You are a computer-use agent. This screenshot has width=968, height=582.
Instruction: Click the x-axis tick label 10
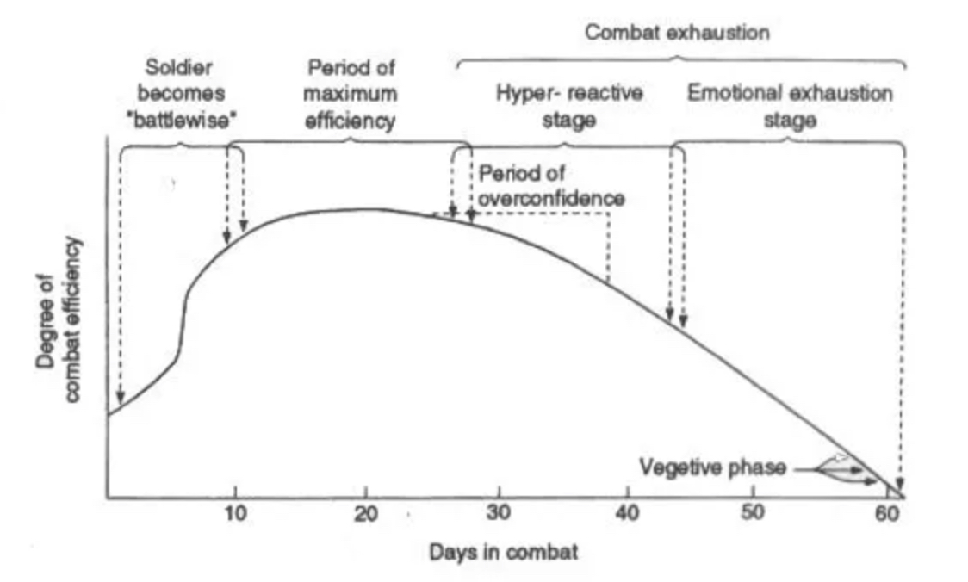tap(235, 515)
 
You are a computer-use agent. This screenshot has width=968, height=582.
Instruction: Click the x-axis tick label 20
tap(365, 515)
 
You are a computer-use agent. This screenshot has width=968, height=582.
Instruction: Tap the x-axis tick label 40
tap(627, 515)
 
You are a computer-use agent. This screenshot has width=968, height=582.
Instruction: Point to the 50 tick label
tap(754, 515)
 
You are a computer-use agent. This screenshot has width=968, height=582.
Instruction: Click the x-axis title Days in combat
tap(503, 551)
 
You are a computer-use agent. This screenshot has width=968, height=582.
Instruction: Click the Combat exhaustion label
tap(677, 34)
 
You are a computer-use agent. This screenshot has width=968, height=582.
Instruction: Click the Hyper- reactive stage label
tap(569, 106)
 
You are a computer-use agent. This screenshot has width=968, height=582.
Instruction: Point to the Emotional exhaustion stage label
tap(789, 106)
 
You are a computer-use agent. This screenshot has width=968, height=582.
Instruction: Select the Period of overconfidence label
tap(551, 185)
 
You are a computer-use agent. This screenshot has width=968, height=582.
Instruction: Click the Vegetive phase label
tap(712, 467)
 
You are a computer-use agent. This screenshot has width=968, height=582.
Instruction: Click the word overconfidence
tap(551, 198)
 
